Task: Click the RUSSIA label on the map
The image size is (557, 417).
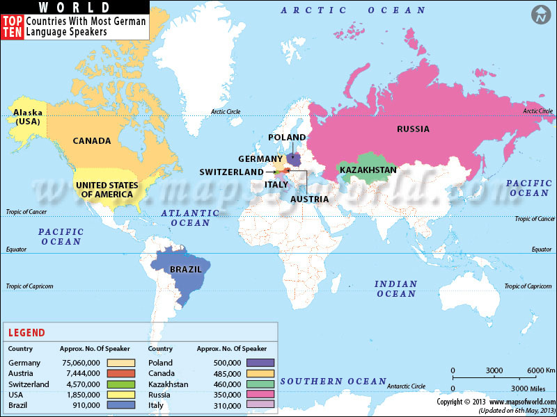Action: coord(413,129)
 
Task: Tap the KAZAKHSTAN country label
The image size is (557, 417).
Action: coord(368,170)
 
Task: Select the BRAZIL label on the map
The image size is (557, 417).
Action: coord(186,269)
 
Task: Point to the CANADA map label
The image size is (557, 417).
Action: coord(92,141)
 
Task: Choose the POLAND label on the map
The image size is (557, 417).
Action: coord(287,138)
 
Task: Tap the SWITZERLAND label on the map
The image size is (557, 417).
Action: coord(231,172)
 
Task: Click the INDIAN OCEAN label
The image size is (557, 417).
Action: coord(395,288)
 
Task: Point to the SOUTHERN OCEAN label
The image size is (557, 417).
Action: coord(333,381)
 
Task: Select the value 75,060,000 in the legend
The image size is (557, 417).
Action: coord(81,363)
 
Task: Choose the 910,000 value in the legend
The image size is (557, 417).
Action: coord(86,405)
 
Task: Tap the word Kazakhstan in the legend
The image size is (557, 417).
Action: coord(168,384)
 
